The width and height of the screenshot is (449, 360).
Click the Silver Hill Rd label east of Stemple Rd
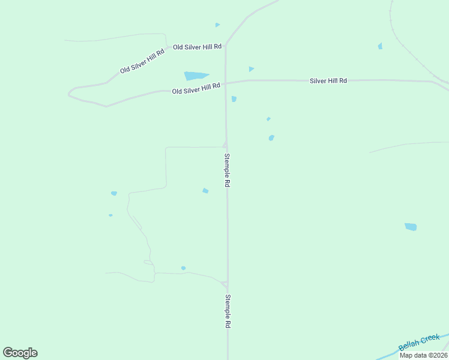tap(328, 80)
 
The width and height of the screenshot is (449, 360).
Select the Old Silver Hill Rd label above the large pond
tap(197, 47)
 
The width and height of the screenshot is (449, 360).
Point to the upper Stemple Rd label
tap(227, 170)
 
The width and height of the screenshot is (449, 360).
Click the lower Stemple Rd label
tap(228, 311)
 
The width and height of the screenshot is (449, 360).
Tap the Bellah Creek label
tap(419, 343)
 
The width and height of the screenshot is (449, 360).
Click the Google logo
tap(20, 353)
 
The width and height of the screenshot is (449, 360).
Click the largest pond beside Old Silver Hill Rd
tap(196, 76)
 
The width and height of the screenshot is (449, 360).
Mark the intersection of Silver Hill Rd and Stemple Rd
tap(226, 83)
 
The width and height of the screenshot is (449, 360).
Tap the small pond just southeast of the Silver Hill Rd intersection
tap(234, 98)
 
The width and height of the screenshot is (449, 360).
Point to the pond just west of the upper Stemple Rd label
tap(205, 191)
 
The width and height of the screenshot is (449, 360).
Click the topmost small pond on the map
tap(217, 25)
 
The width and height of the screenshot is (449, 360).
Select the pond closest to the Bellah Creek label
tap(411, 227)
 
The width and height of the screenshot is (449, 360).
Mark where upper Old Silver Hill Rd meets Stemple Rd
tap(226, 47)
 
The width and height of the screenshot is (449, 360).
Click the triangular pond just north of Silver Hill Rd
tap(251, 69)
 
